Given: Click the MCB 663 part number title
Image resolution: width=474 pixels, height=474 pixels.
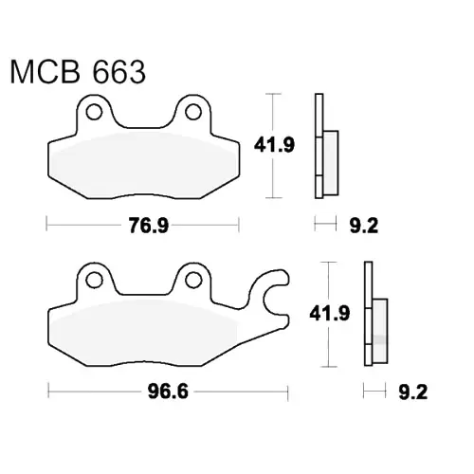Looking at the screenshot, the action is (78, 72).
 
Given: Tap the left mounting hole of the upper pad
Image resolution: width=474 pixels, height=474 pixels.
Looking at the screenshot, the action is (94, 112).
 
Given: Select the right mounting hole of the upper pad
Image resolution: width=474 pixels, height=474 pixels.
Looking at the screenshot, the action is (193, 112).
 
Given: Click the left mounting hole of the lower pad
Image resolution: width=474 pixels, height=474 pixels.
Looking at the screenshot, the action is (94, 280).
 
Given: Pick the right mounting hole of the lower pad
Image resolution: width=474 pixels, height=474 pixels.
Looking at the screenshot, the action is (193, 280).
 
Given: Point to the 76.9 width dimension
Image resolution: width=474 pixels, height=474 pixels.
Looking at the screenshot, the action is (149, 226).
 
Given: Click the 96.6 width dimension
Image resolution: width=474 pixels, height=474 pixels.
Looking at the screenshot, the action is (168, 392).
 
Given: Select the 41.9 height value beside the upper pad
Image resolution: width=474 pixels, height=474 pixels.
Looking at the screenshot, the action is (274, 145).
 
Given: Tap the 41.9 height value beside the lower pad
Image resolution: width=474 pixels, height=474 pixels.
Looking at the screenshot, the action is (330, 314).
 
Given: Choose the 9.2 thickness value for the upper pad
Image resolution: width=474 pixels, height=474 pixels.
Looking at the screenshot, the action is (364, 226).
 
